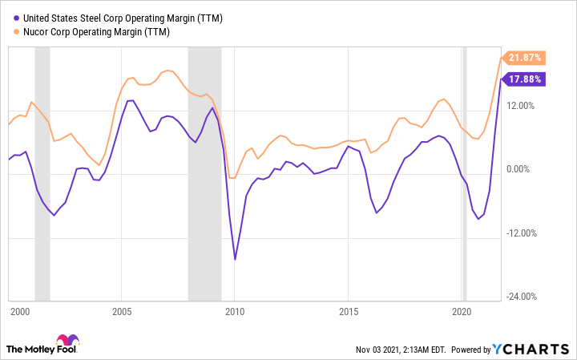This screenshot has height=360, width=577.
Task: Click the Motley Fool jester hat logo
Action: [x=68, y=342]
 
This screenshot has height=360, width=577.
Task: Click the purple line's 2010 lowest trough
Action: [x=235, y=259]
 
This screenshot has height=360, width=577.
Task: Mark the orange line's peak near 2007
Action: [x=167, y=71]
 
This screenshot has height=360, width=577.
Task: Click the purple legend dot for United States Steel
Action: [x=8, y=17]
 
